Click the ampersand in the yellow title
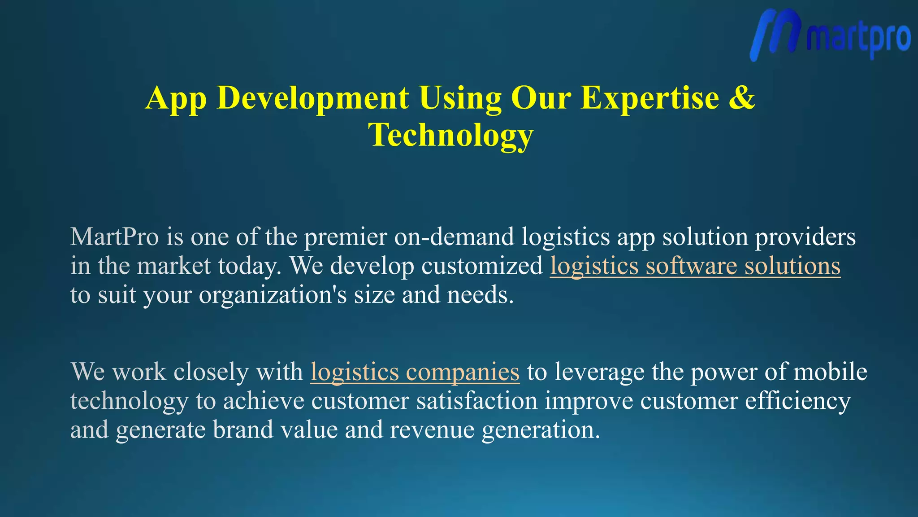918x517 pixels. coord(742,97)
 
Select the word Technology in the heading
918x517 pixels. coord(450,135)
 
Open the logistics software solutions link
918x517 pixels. coord(695,266)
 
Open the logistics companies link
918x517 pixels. coord(415,372)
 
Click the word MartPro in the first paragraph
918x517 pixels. coord(115,237)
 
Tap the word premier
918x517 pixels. coord(346,237)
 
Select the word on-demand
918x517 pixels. coord(454,237)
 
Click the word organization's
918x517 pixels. coord(273,295)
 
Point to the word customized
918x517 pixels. coord(482,266)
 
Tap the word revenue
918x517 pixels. coord(432,430)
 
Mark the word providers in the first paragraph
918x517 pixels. coord(805,237)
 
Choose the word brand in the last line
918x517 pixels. coord(242,430)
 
